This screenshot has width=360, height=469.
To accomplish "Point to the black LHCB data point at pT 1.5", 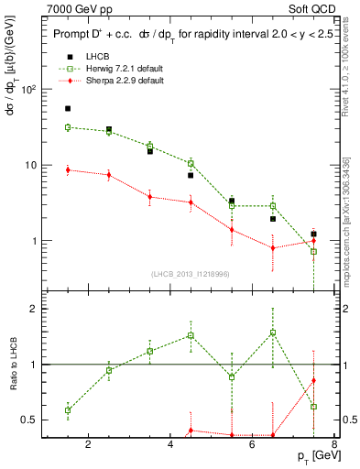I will [x=68, y=108].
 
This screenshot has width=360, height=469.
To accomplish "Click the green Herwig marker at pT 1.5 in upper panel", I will [x=68, y=127].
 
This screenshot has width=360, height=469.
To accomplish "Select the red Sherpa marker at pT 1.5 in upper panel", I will [x=68, y=169].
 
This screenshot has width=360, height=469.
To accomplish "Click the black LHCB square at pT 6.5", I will [x=273, y=219].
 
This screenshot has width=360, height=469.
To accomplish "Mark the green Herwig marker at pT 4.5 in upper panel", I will [x=191, y=163].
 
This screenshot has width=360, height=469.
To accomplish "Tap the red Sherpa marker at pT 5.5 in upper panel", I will [x=232, y=230].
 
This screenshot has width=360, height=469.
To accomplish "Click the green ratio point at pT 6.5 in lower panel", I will [x=273, y=333].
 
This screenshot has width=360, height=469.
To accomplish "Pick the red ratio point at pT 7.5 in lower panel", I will [x=313, y=380].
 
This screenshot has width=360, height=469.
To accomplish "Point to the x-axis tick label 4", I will [x=171, y=446].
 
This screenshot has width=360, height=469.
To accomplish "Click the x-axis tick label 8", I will [x=335, y=446].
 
